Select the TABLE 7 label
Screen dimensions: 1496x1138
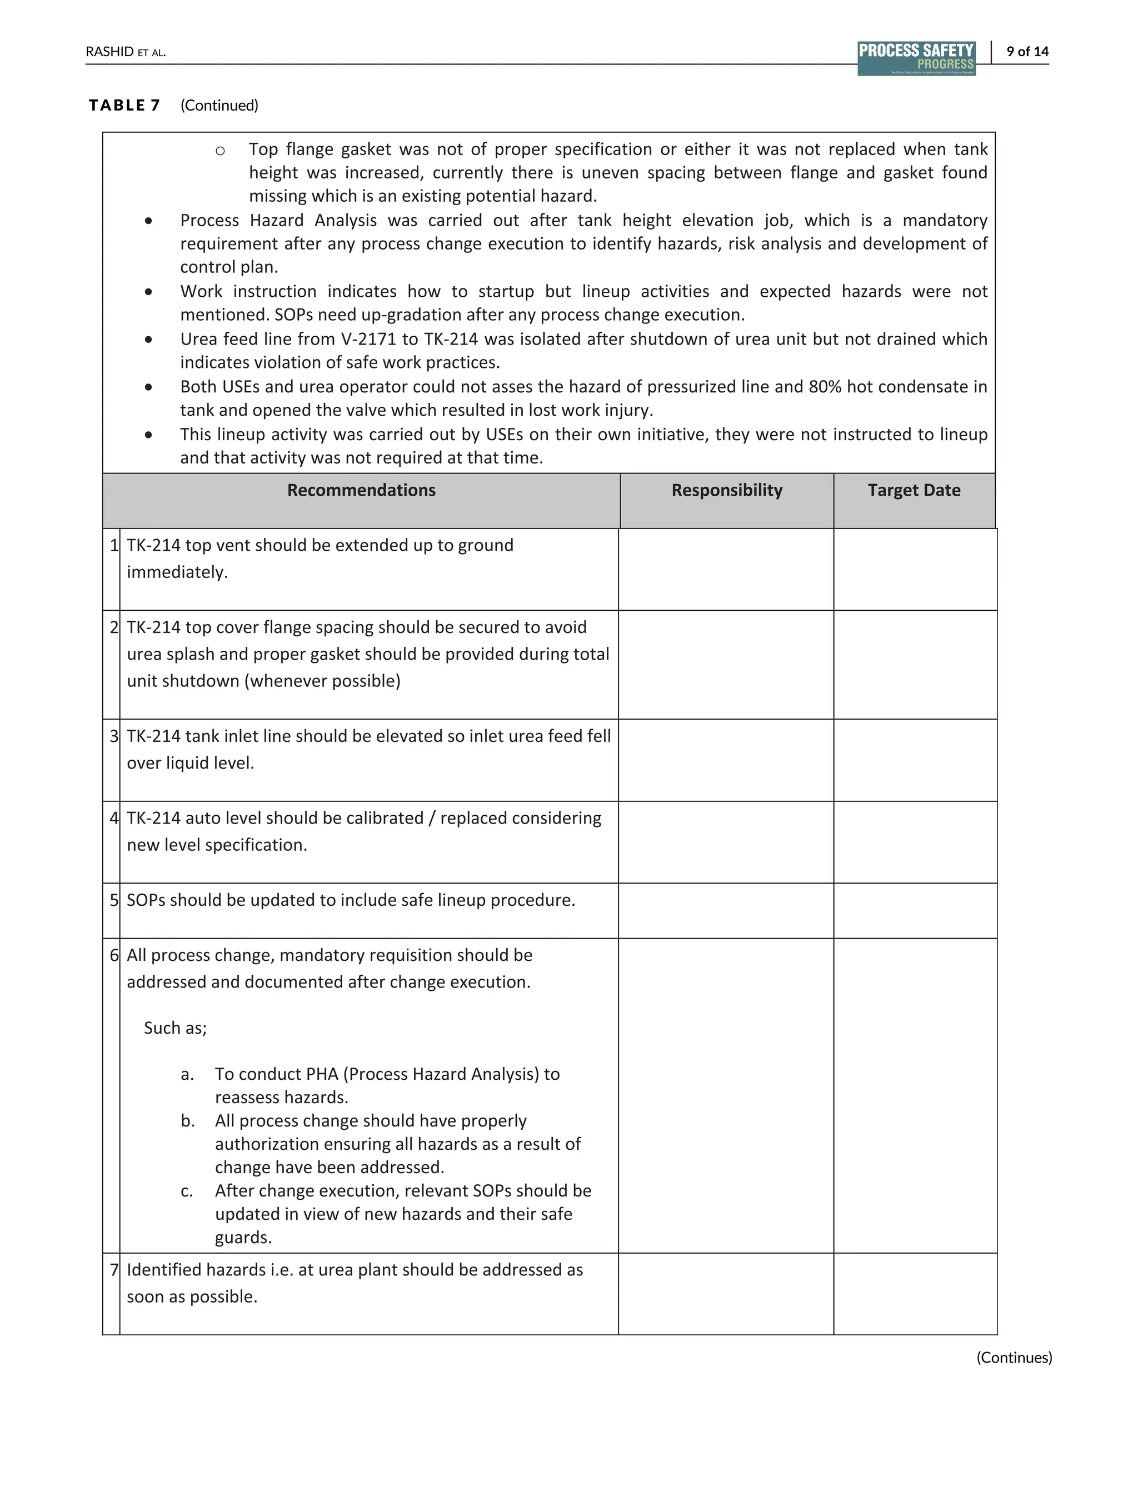click(124, 105)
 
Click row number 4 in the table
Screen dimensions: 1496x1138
click(114, 818)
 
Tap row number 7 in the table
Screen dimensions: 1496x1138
click(114, 1270)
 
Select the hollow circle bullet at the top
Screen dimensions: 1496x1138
click(220, 151)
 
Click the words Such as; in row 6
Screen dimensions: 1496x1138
click(175, 1028)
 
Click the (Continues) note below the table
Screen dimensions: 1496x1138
click(1014, 1357)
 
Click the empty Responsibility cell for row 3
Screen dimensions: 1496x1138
click(726, 760)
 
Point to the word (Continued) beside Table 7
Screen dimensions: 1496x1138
click(219, 105)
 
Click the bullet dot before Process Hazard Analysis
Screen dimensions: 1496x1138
click(148, 221)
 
